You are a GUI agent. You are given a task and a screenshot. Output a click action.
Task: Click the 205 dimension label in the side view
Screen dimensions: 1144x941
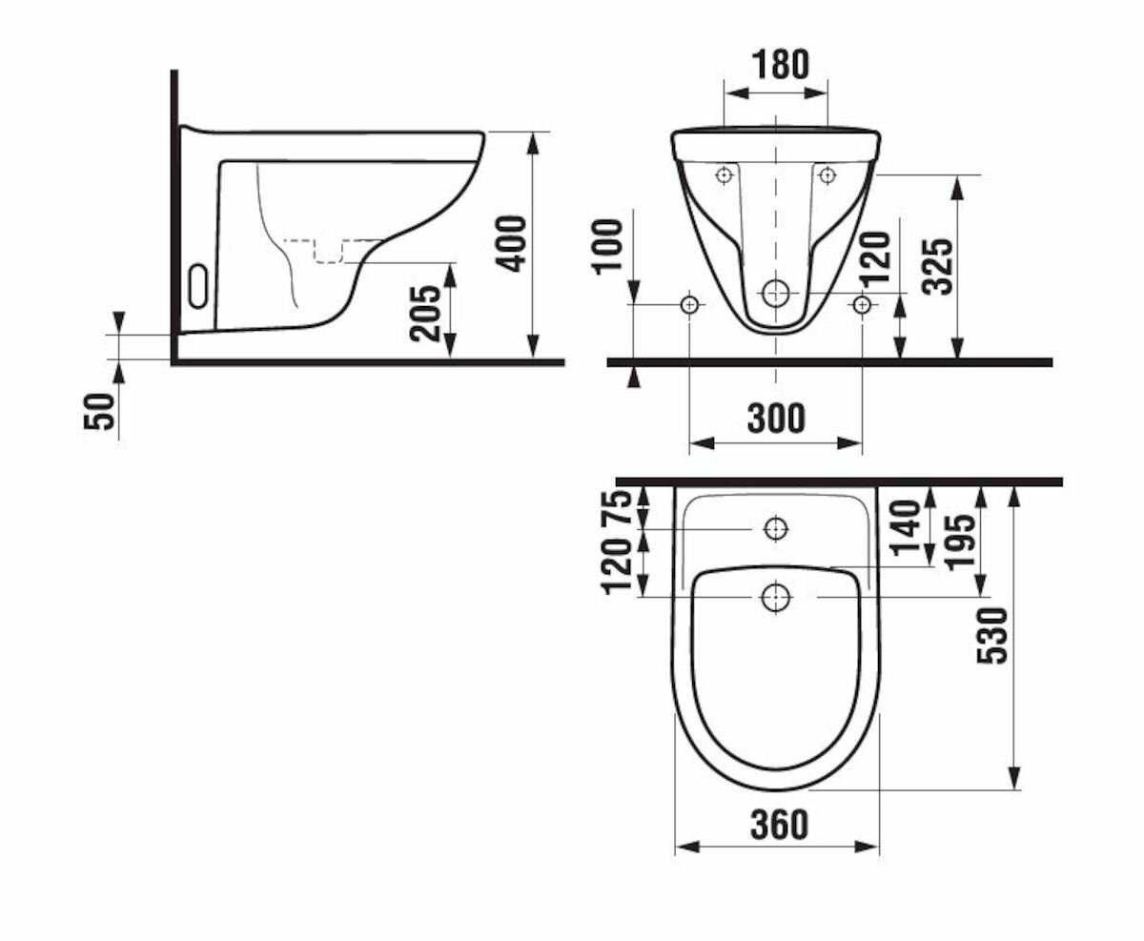pyautogui.click(x=425, y=313)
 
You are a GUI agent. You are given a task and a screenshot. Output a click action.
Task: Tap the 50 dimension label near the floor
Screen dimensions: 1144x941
pyautogui.click(x=100, y=411)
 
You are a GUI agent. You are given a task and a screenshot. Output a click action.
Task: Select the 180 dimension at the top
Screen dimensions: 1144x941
pyautogui.click(x=780, y=64)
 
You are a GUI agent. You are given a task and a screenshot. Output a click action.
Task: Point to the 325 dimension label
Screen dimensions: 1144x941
pyautogui.click(x=937, y=267)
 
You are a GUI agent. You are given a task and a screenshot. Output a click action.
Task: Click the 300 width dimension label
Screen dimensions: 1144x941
pyautogui.click(x=776, y=419)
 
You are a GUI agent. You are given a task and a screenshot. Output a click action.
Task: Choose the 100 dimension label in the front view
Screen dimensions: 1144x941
pyautogui.click(x=608, y=246)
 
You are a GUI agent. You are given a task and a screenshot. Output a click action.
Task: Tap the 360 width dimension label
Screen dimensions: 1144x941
pyautogui.click(x=779, y=825)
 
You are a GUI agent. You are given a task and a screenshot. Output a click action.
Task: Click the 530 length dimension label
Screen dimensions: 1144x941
pyautogui.click(x=991, y=636)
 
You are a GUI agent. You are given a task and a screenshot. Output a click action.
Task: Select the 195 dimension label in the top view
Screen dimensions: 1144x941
pyautogui.click(x=960, y=542)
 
